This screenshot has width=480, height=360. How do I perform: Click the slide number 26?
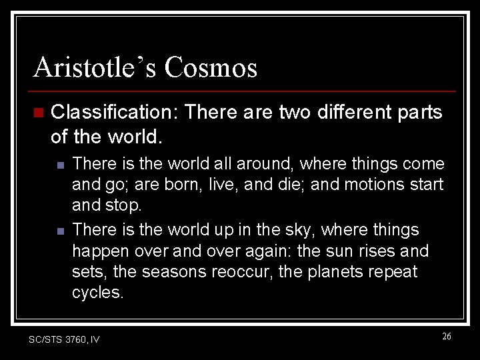coord(446,337)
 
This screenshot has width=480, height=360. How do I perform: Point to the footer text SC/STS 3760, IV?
coord(64,339)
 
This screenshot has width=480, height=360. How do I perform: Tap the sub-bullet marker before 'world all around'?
coord(60,164)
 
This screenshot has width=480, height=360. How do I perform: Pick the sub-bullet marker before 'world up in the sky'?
coord(60,231)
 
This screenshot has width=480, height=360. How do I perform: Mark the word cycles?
coord(97,293)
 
